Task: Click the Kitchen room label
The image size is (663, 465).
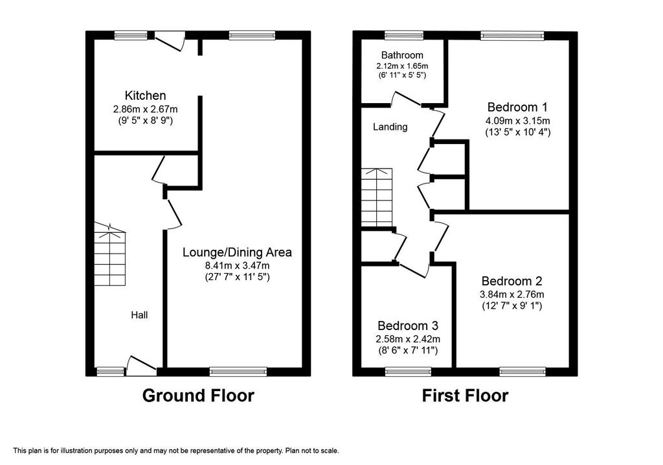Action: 145,95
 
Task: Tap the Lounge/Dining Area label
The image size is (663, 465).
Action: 237,252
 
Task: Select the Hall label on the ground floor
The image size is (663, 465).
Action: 139,315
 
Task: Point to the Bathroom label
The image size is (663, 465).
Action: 402,55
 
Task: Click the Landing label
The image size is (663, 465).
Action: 390,126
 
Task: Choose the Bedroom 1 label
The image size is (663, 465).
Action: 517,106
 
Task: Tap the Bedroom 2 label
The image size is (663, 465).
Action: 511,281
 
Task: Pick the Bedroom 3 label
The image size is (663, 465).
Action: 408,326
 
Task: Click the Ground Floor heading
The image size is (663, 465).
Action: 198,396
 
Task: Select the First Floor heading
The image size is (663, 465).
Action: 465,396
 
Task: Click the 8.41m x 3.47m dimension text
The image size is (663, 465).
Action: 237,266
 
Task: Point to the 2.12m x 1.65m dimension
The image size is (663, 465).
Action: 402,66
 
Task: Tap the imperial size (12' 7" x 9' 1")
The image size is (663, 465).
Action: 511,305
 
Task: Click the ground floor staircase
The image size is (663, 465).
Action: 110,254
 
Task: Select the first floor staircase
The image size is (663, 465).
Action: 377,197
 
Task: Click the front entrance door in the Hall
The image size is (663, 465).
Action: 142,366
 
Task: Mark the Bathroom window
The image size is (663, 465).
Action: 404,35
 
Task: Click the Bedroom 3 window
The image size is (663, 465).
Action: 408,372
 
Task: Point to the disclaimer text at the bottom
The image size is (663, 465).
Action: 176,451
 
